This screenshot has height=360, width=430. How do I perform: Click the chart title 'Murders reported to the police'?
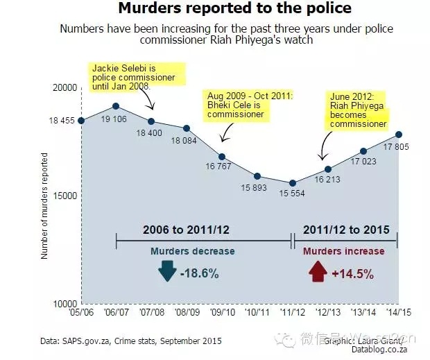pyautogui.click(x=234, y=9)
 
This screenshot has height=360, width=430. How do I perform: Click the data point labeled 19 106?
pyautogui.click(x=117, y=106)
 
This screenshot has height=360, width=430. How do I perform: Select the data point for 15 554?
pyautogui.click(x=293, y=183)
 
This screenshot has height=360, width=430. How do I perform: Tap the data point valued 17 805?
pyautogui.click(x=398, y=134)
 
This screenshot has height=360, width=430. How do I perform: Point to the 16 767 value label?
pyautogui.click(x=221, y=167)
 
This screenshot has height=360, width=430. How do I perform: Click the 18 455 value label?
pyautogui.click(x=61, y=121)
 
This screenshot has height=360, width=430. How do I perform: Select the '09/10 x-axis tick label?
pyautogui.click(x=222, y=313)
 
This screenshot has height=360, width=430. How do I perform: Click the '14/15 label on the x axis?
pyautogui.click(x=398, y=313)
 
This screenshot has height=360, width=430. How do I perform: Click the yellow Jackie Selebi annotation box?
pyautogui.click(x=131, y=77)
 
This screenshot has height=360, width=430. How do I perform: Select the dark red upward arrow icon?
pyautogui.click(x=318, y=271)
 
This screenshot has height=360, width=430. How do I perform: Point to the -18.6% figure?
pyautogui.click(x=200, y=273)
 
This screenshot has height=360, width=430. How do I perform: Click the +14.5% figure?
pyautogui.click(x=353, y=273)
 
